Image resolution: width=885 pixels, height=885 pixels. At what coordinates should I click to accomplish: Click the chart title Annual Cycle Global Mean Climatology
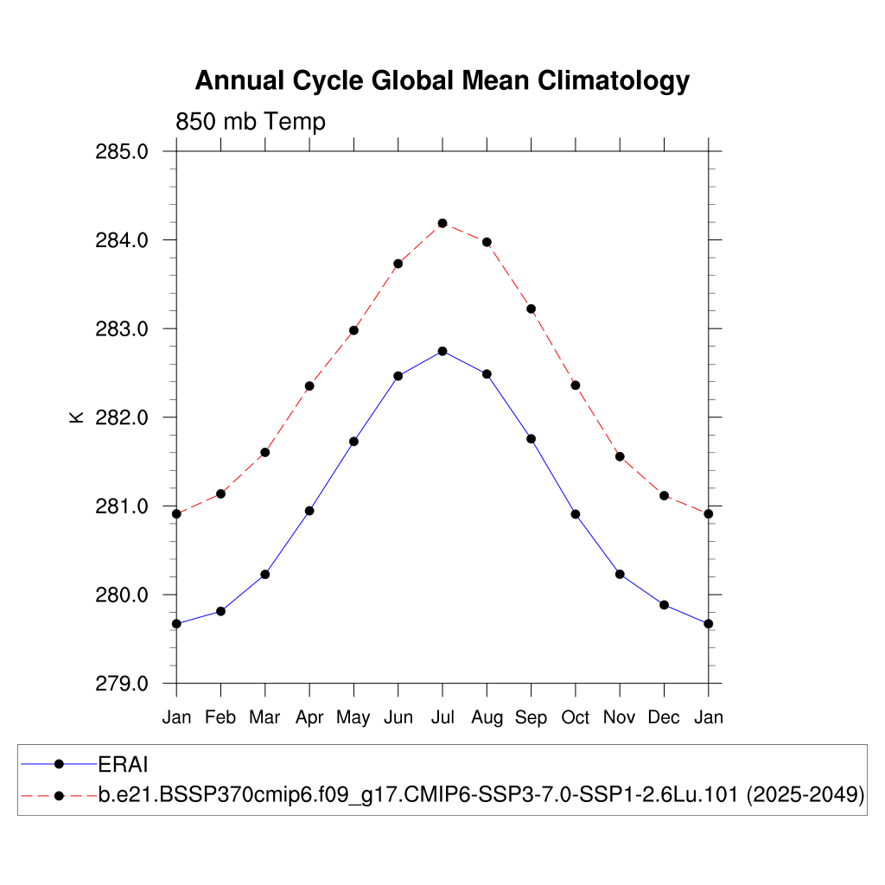click(x=442, y=80)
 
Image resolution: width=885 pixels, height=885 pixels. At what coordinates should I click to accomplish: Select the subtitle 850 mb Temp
click(x=251, y=122)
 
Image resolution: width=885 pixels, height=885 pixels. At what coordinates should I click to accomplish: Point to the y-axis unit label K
click(x=76, y=417)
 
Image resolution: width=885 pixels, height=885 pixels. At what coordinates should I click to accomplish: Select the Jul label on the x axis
click(x=442, y=717)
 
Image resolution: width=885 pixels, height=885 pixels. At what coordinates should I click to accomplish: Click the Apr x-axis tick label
click(x=309, y=717)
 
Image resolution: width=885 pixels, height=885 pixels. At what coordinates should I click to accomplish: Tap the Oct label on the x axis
click(x=576, y=717)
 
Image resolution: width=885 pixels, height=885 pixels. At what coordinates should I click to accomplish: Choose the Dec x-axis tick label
click(x=664, y=717)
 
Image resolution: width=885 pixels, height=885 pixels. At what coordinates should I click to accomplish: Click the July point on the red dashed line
click(x=442, y=223)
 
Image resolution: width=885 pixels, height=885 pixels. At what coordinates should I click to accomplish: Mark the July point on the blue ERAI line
click(x=442, y=351)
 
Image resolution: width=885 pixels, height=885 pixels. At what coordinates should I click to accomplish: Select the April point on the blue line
click(x=309, y=511)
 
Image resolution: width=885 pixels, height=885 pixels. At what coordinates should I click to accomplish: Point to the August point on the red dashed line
click(x=487, y=242)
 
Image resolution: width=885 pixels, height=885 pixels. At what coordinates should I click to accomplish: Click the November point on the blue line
click(x=620, y=574)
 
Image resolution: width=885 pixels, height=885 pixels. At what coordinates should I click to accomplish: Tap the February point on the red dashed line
click(x=221, y=493)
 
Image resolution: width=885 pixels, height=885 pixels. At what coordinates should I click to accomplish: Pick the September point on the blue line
click(x=531, y=439)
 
